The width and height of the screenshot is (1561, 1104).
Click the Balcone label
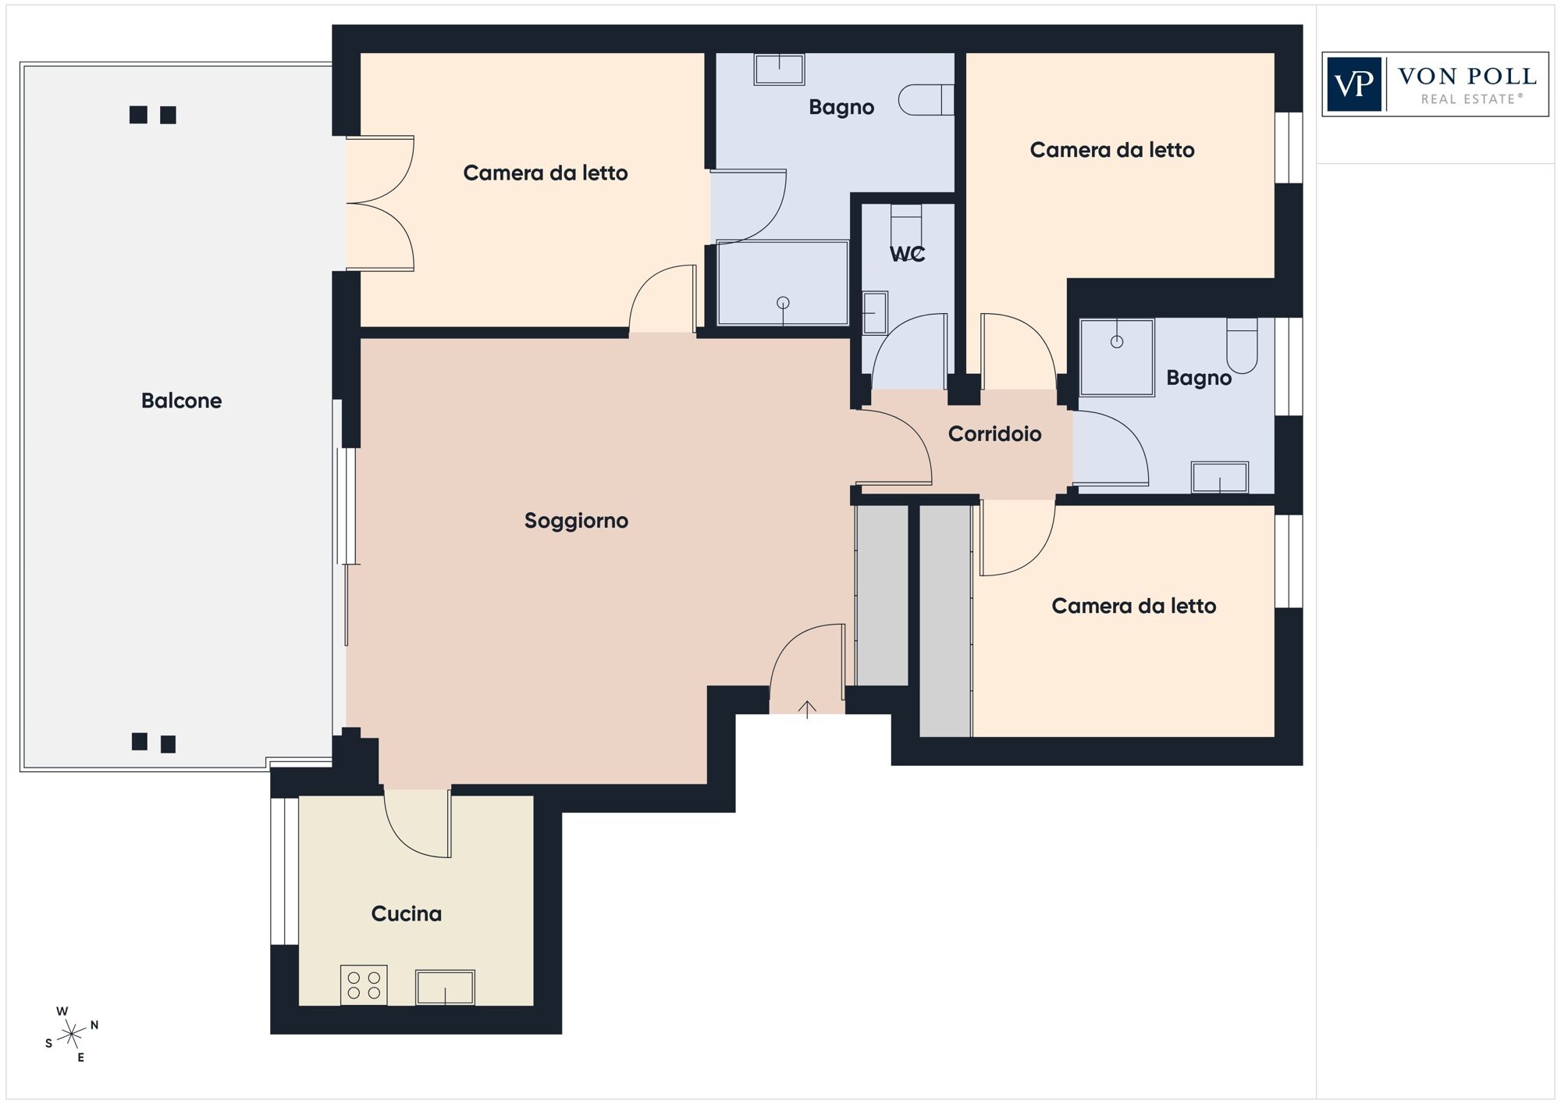pyautogui.click(x=181, y=401)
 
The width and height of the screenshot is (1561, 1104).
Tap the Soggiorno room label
pyautogui.click(x=576, y=521)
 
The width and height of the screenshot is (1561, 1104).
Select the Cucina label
pyautogui.click(x=406, y=913)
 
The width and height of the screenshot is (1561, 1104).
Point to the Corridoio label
pyautogui.click(x=994, y=434)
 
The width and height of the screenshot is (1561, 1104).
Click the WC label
pyautogui.click(x=907, y=254)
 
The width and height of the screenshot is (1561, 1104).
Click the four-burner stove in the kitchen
pyautogui.click(x=364, y=985)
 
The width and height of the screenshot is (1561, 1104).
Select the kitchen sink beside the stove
pyautogui.click(x=445, y=988)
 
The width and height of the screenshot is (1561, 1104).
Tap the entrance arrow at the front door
pyautogui.click(x=807, y=709)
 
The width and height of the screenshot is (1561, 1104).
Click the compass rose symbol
pyautogui.click(x=71, y=1035)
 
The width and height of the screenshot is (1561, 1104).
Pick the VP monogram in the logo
pyautogui.click(x=1354, y=84)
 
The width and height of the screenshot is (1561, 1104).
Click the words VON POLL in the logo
pyautogui.click(x=1467, y=77)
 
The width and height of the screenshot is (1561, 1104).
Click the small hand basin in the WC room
pyautogui.click(x=875, y=313)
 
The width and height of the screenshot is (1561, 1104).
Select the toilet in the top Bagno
pyautogui.click(x=926, y=100)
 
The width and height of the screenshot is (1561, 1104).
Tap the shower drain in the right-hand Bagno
pyautogui.click(x=1117, y=341)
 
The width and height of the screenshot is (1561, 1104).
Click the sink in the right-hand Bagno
pyautogui.click(x=1219, y=477)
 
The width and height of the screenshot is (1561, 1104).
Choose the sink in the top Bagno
pyautogui.click(x=779, y=69)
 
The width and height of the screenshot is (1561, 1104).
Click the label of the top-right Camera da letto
pyautogui.click(x=1112, y=150)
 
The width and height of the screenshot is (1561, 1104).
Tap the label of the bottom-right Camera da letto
pyautogui.click(x=1134, y=606)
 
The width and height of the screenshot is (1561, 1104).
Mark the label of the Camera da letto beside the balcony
pyautogui.click(x=546, y=173)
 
